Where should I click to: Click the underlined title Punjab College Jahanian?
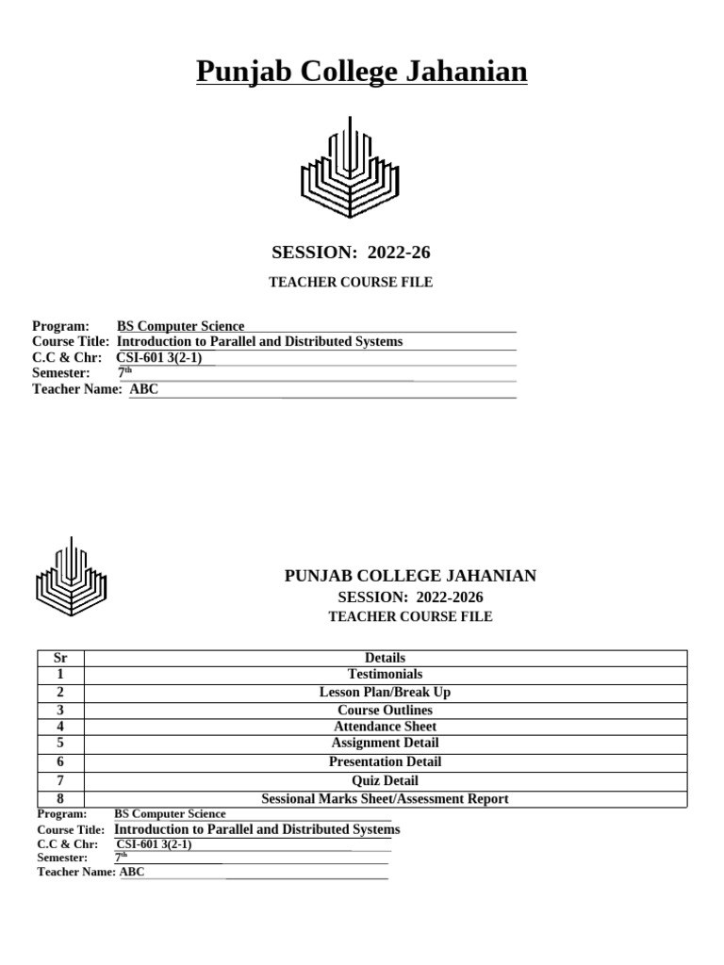(x=362, y=72)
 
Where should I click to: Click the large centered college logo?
(x=350, y=167)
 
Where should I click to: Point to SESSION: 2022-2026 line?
(x=410, y=597)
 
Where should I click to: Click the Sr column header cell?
(x=60, y=658)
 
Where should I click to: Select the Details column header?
(x=385, y=658)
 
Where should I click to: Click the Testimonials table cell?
(x=385, y=675)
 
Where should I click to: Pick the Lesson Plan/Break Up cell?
(x=385, y=693)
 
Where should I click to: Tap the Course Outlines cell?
(x=385, y=710)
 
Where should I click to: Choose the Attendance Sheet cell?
(x=385, y=727)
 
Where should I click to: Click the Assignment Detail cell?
(x=385, y=743)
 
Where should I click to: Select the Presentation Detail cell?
(x=385, y=761)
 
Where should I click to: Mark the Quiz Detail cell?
(x=385, y=780)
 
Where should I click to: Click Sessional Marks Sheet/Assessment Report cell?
(x=385, y=798)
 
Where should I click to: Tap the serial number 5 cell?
(x=60, y=743)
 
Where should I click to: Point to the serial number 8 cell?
(x=60, y=798)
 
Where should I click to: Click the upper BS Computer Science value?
(x=180, y=326)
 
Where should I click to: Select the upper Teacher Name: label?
(x=77, y=389)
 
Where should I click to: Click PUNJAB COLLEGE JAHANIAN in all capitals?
(x=410, y=576)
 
